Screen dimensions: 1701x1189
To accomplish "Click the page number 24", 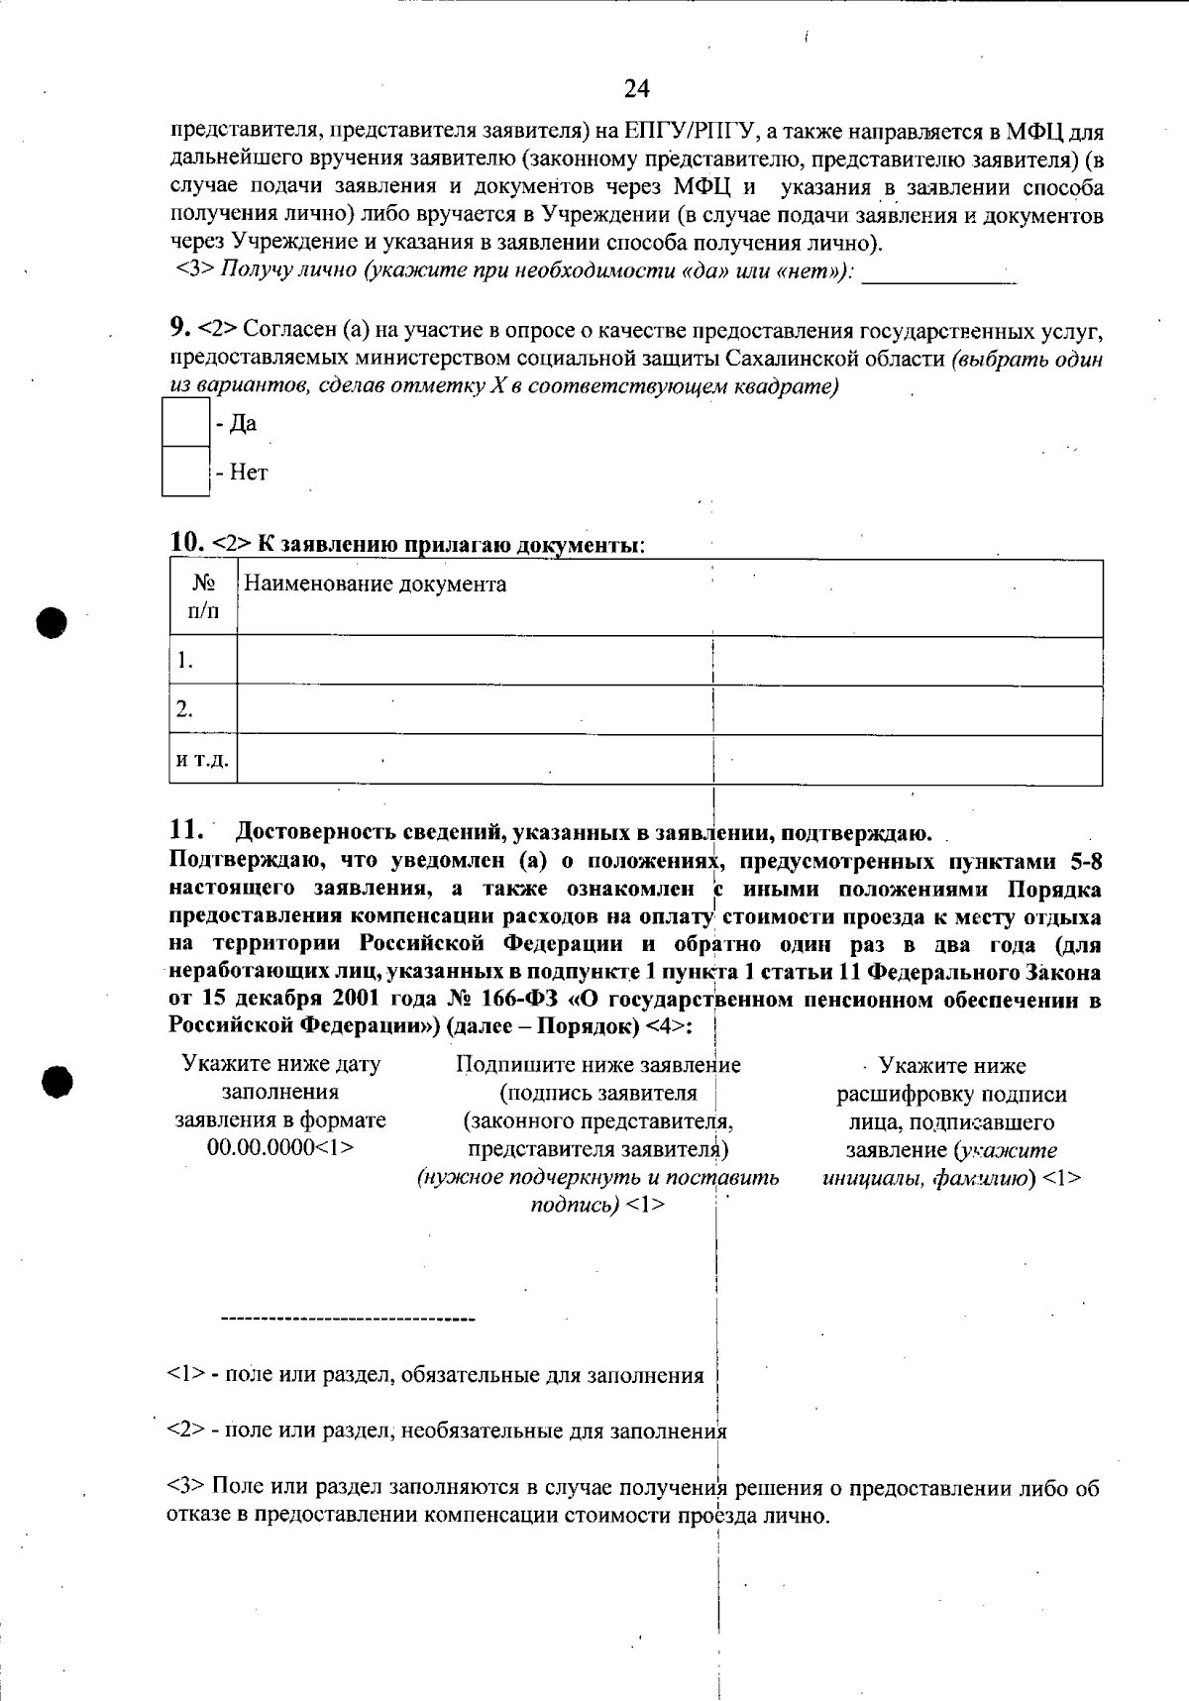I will click(x=636, y=89).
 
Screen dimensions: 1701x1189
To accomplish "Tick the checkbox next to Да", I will click(x=185, y=423).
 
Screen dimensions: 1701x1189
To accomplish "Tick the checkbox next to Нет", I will click(x=185, y=472).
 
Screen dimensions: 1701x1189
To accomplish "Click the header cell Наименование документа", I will click(x=376, y=585).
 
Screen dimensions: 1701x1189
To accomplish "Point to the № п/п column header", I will click(x=203, y=597).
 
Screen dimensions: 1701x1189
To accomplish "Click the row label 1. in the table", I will click(x=185, y=662).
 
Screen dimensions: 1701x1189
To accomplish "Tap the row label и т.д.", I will click(x=202, y=761).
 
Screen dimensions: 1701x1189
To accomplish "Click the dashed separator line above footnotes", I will click(x=348, y=1321).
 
